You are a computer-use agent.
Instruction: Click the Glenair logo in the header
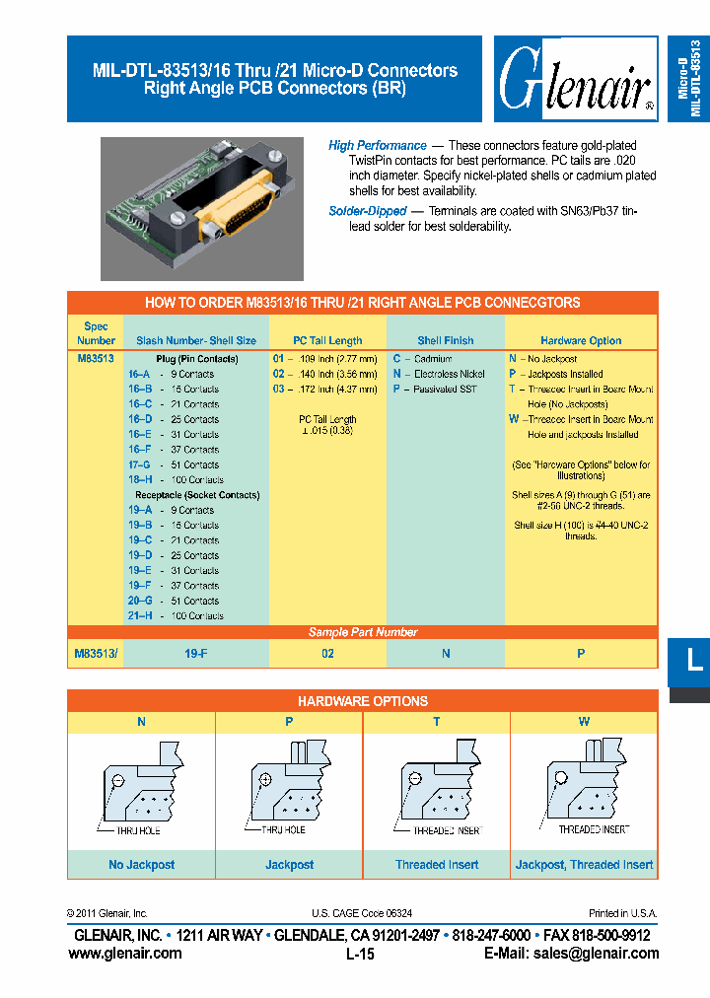tap(576, 80)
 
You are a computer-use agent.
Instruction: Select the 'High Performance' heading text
tap(378, 146)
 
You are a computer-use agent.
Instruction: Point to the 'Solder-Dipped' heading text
tap(368, 211)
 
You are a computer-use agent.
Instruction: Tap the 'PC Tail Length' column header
tap(328, 340)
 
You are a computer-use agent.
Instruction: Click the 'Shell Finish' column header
tap(445, 340)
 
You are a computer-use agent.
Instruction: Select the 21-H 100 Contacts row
tap(175, 615)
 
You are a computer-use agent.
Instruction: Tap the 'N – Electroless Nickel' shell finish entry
tap(439, 374)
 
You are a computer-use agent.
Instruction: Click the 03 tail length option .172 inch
tap(324, 389)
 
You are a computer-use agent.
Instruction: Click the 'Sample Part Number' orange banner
tap(362, 632)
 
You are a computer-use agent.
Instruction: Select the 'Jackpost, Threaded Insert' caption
tap(584, 865)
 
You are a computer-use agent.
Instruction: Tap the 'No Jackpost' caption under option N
tap(141, 865)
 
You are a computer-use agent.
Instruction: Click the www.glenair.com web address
tap(125, 953)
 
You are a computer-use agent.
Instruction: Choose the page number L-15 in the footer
tap(361, 955)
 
